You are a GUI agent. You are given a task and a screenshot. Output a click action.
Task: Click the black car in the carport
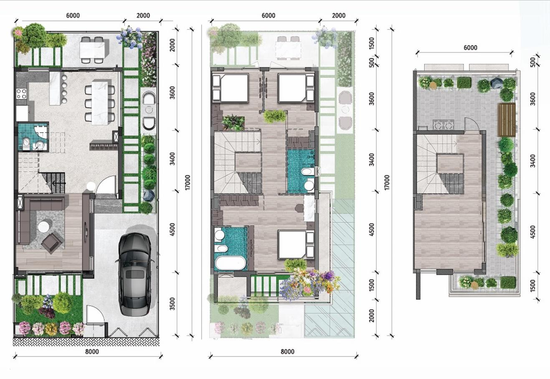[134, 273]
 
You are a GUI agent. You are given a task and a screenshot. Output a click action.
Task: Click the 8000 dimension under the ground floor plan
[92, 351]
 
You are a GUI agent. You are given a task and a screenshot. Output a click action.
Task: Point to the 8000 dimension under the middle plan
[287, 351]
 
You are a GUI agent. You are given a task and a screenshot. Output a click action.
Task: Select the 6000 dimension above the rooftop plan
[470, 48]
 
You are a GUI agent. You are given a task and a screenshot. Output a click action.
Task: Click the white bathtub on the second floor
[229, 263]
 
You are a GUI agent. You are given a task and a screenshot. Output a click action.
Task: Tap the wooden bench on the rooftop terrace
[507, 120]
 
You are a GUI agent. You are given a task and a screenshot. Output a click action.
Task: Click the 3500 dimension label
[172, 304]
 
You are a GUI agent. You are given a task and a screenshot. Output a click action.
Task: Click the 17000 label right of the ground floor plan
[187, 182]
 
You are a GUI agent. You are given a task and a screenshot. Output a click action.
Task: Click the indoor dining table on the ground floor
[100, 103]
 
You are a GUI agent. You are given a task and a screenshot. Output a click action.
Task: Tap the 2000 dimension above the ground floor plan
[143, 16]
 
